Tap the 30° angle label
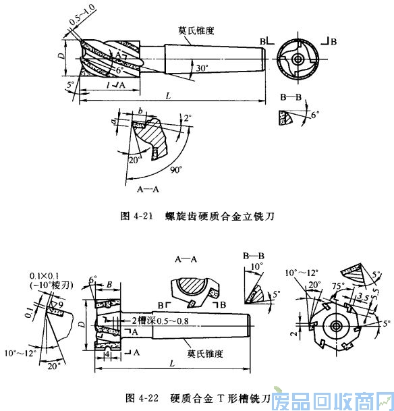coord(200,69)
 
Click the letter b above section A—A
coord(139,109)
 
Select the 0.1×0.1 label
coord(42,276)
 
